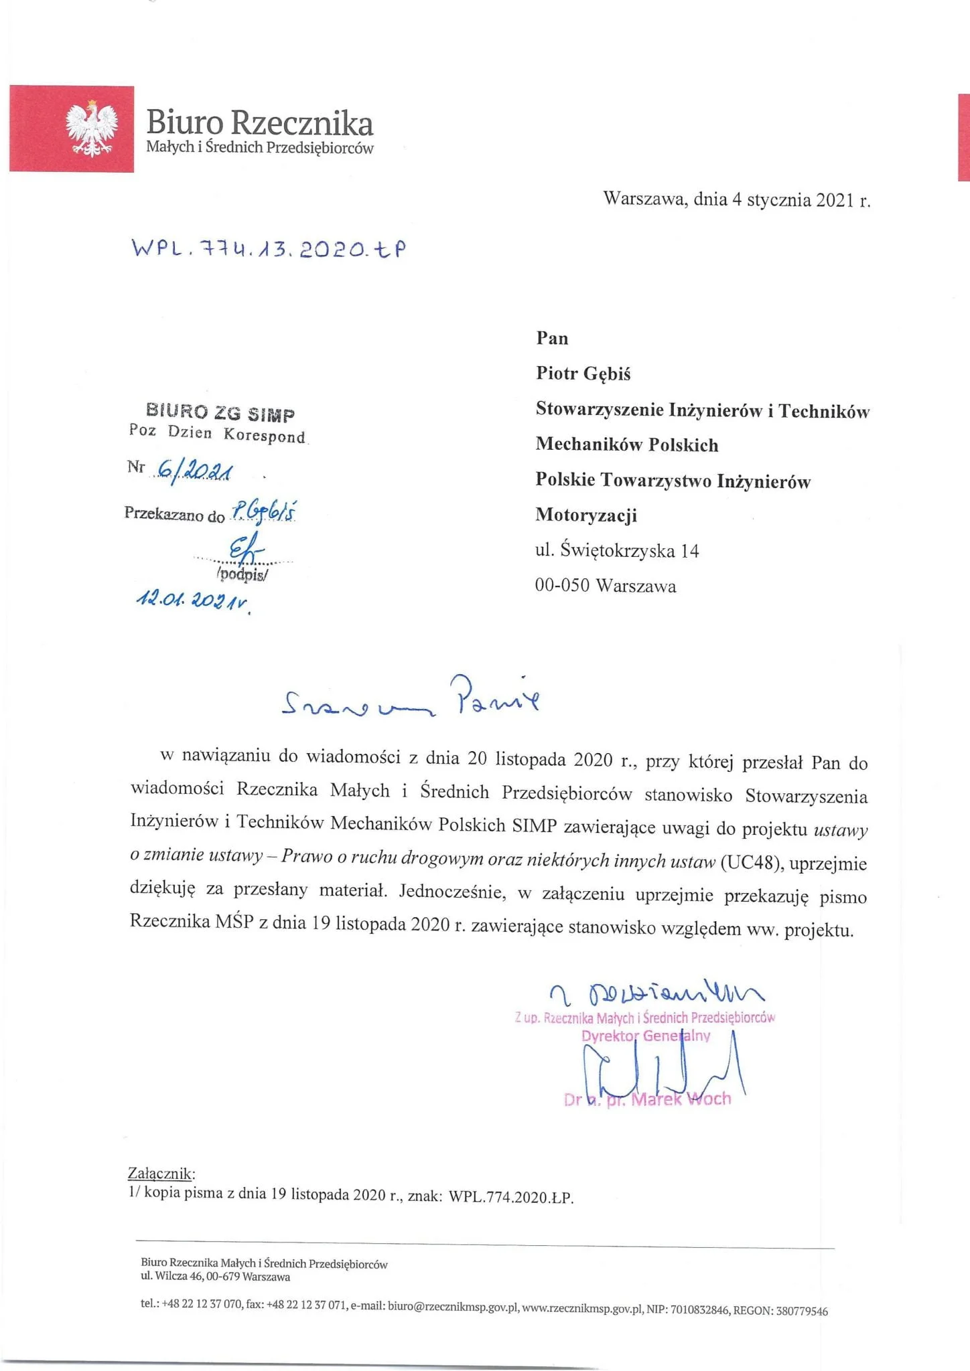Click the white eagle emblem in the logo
[92, 129]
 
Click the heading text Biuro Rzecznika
[259, 123]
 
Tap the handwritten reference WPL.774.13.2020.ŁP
[269, 249]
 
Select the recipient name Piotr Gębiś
[583, 374]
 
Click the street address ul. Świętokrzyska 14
[616, 551]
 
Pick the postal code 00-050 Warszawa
[605, 586]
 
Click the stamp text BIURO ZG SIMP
[220, 413]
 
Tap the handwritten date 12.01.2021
[192, 599]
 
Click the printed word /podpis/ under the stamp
[242, 574]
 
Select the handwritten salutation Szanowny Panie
[410, 700]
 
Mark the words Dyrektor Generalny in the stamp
[646, 1036]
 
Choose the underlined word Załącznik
[161, 1174]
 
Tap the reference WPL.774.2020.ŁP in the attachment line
[511, 1197]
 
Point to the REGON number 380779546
[802, 1311]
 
